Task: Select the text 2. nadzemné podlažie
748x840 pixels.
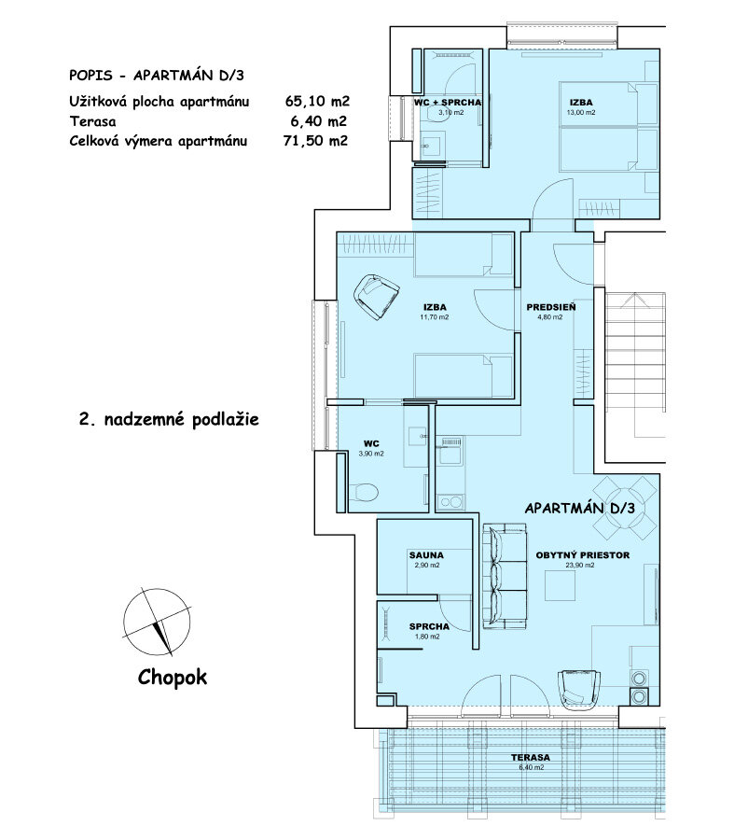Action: pyautogui.click(x=168, y=420)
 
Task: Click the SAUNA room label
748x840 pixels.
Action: pyautogui.click(x=425, y=555)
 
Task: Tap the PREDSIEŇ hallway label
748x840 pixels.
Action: pyautogui.click(x=550, y=306)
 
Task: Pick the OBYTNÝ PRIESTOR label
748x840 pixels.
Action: pyautogui.click(x=583, y=555)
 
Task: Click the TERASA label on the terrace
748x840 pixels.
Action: pyautogui.click(x=529, y=757)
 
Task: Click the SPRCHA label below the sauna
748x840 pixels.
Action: pyautogui.click(x=429, y=627)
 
